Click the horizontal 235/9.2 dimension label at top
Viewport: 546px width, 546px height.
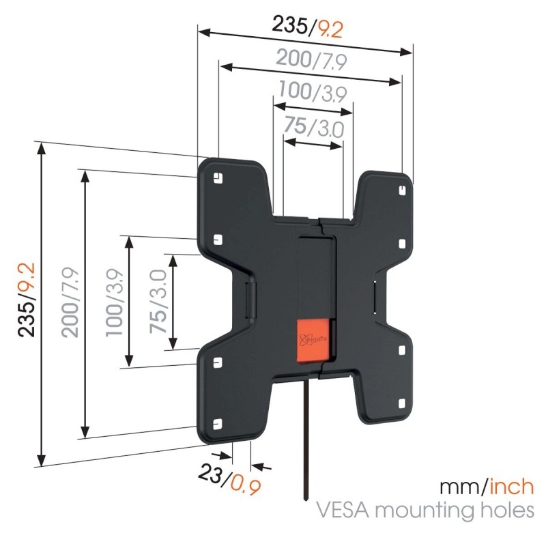[x=307, y=27]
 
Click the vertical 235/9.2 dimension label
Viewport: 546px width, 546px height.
[x=27, y=301]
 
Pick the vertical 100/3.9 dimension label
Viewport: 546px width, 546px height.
[x=114, y=302]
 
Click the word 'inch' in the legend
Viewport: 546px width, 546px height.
[x=509, y=487]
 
